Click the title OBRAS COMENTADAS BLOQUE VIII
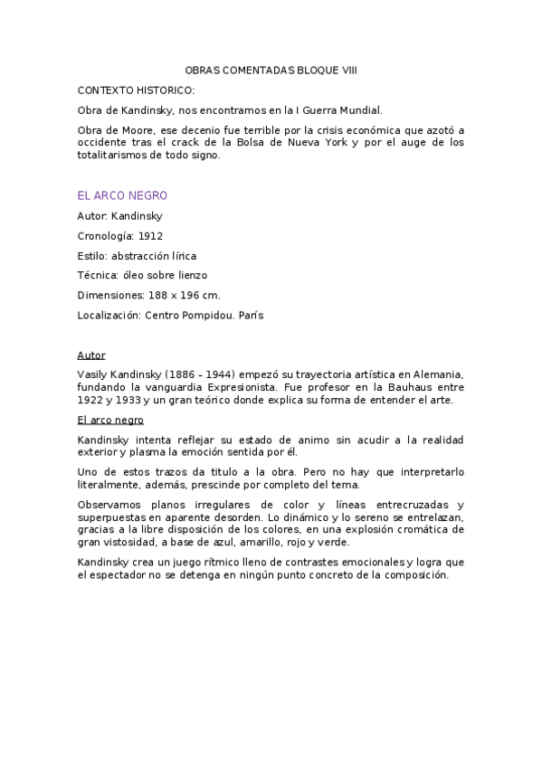(271, 70)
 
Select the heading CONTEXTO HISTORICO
(136, 90)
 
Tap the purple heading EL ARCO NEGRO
(122, 195)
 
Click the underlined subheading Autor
(91, 355)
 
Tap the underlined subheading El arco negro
(110, 421)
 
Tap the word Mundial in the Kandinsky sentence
(362, 110)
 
